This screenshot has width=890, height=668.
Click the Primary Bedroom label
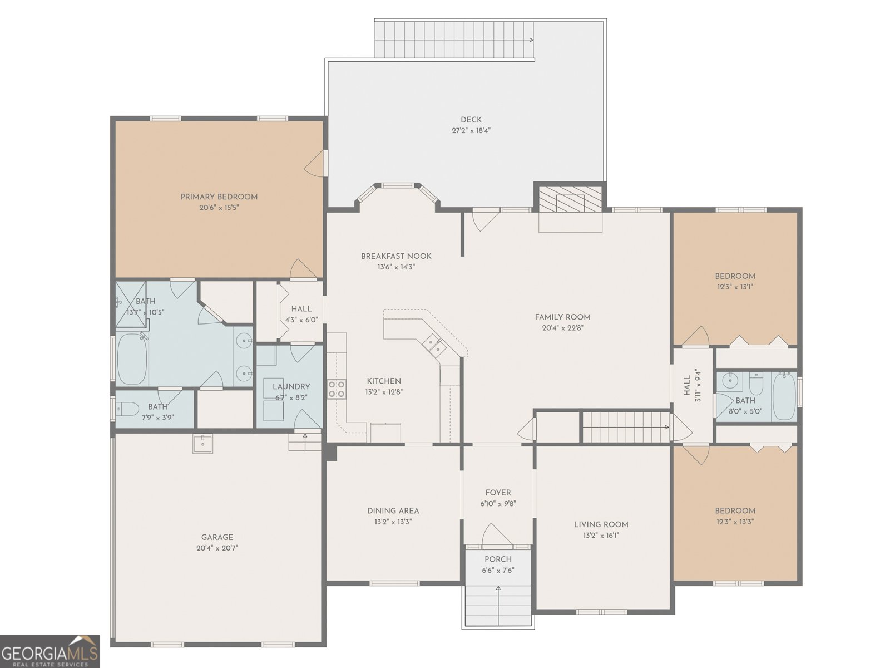[219, 197]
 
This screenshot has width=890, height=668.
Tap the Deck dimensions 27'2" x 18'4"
[471, 131]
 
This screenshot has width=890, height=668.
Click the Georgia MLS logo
[50, 651]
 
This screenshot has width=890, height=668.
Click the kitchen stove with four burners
[336, 389]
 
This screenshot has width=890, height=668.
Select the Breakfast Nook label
[396, 256]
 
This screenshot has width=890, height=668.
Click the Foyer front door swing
[496, 535]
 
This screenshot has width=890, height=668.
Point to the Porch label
[498, 559]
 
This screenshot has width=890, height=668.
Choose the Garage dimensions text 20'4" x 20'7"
[217, 548]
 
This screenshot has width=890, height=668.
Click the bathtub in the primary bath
[132, 359]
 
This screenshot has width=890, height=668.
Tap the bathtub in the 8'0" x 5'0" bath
[784, 396]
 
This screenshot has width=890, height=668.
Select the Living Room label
[601, 524]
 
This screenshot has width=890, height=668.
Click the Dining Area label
[393, 510]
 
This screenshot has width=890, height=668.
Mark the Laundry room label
[291, 386]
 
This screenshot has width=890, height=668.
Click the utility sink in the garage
[202, 444]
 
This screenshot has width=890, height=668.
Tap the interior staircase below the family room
[626, 427]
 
